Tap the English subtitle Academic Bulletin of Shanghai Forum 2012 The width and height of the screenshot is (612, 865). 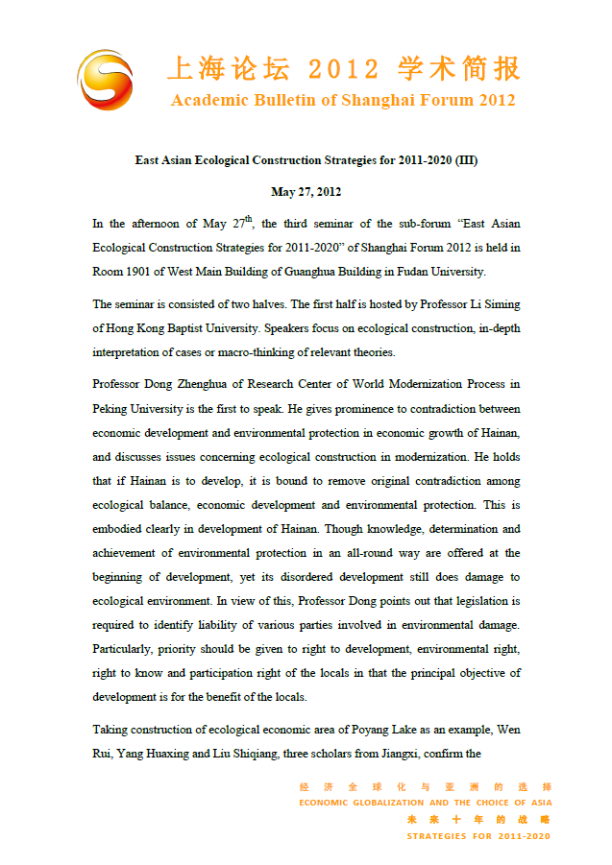point(343,101)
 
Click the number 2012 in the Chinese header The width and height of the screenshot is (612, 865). point(343,68)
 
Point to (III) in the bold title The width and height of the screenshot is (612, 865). point(465,160)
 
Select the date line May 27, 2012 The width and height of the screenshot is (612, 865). point(306,192)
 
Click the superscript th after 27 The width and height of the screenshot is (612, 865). point(248,219)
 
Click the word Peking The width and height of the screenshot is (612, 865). point(112,407)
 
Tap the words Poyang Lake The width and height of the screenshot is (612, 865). point(365,730)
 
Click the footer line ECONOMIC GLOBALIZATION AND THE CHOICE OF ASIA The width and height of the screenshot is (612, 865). point(425,803)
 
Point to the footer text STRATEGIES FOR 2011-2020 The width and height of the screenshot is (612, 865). point(478,836)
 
